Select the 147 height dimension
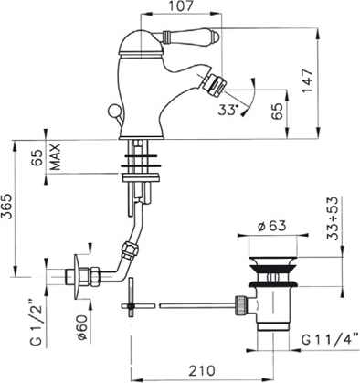click(x=307, y=81)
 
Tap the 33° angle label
click(x=228, y=110)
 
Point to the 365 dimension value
click(x=7, y=207)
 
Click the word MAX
click(x=55, y=157)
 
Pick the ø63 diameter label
click(x=272, y=226)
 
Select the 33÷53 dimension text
click(x=333, y=218)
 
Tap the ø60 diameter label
click(x=82, y=327)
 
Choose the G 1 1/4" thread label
click(x=330, y=339)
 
